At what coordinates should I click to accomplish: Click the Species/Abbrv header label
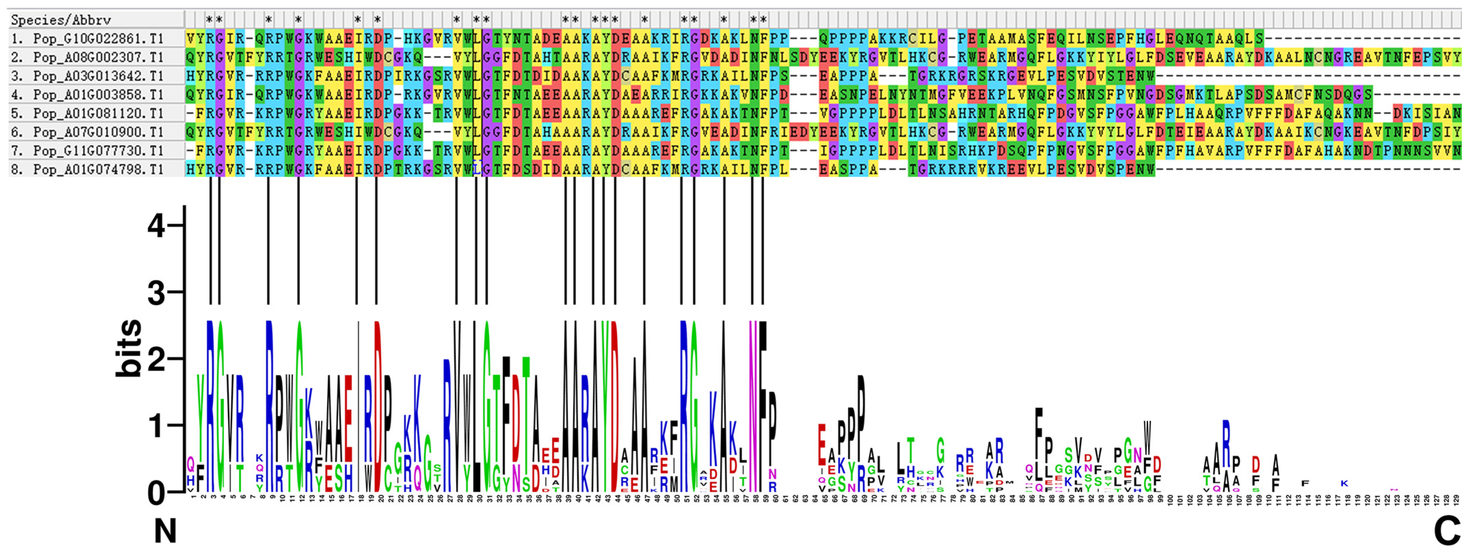click(61, 20)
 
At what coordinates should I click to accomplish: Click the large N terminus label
click(165, 531)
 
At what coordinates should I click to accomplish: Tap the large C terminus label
click(1447, 531)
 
